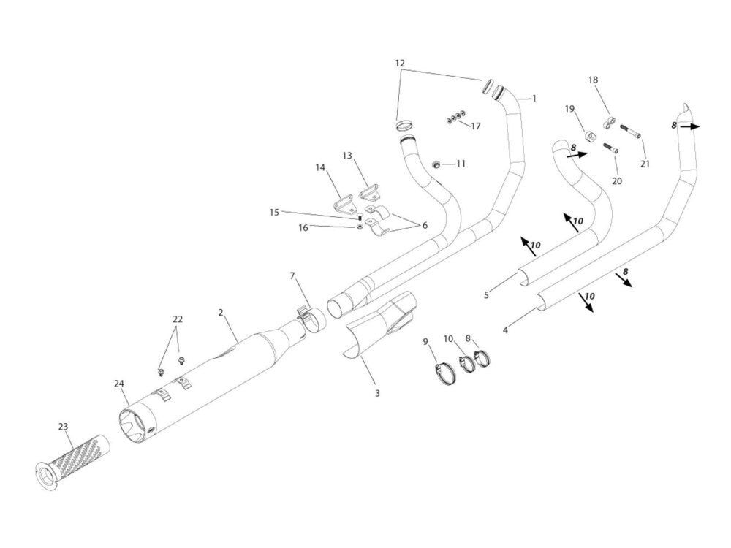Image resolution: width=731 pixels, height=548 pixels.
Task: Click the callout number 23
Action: coord(63,425)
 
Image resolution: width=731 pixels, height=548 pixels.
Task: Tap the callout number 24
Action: coord(119,383)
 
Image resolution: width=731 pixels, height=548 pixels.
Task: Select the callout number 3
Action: coord(377,393)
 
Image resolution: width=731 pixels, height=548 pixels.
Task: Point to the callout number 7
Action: coord(292,276)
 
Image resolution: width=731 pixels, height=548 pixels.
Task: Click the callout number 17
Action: coord(475,126)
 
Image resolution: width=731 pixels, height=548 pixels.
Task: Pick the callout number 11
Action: coord(461,164)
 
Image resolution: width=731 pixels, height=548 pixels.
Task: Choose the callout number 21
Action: coord(645,164)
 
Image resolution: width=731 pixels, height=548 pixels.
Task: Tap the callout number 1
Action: coord(534,98)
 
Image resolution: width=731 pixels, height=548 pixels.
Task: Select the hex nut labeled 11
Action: coord(435,164)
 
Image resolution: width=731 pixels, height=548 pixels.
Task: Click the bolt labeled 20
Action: coord(611,148)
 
